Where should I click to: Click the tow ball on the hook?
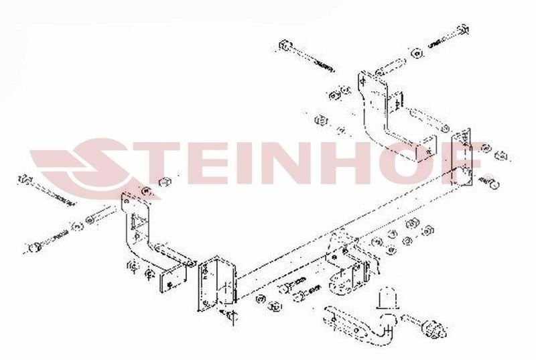point(387,320)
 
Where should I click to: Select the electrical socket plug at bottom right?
point(434,328)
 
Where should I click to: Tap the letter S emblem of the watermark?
point(95,164)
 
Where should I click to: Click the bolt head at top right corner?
point(463,29)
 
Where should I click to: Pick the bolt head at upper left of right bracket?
point(285,45)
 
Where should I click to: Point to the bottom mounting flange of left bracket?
point(174,279)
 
